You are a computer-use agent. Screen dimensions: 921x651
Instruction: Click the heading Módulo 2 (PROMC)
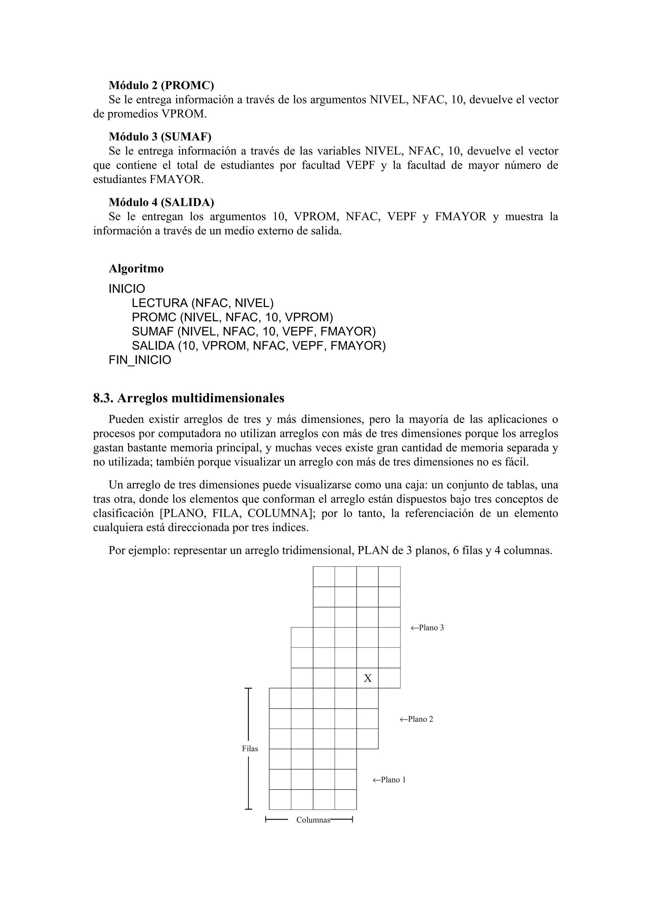161,85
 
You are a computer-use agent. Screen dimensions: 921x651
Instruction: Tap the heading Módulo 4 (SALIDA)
161,202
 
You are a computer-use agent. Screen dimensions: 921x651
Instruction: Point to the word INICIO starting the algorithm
127,289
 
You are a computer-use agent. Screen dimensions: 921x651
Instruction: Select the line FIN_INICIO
140,360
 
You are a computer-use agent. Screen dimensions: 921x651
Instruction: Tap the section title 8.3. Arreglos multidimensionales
188,398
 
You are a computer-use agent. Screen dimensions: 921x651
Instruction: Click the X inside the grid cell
367,678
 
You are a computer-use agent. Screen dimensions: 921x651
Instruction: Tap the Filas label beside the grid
250,748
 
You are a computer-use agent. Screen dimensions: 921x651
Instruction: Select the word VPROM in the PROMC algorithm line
308,317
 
